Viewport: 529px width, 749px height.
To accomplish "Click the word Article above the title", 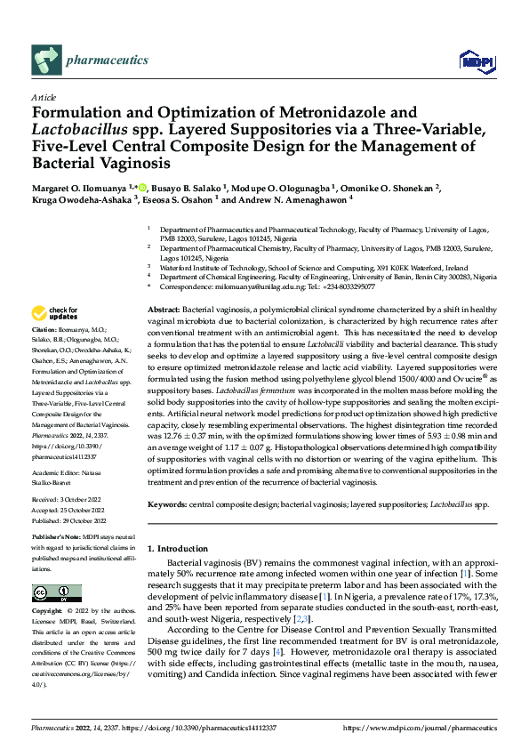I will tap(44, 97).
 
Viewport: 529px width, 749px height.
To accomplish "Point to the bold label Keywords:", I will tap(168, 503).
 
